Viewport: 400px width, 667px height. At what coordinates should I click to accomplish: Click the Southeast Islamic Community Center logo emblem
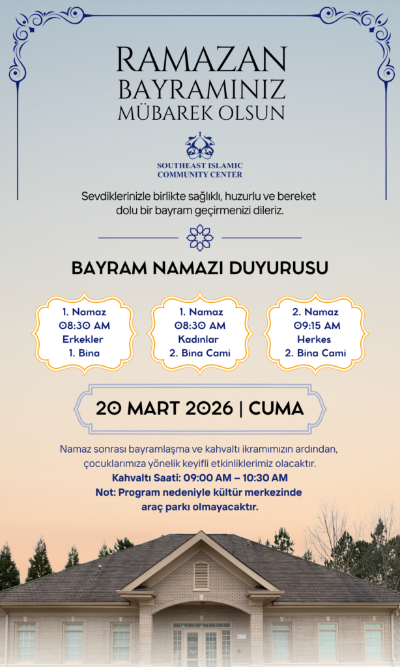(x=199, y=146)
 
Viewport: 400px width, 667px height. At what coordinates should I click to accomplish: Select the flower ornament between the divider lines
(x=200, y=238)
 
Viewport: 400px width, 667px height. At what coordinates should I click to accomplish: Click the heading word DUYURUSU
(x=280, y=268)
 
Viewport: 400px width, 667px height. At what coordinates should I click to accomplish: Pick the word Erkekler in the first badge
(x=83, y=339)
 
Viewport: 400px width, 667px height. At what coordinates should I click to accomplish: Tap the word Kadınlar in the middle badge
(x=200, y=339)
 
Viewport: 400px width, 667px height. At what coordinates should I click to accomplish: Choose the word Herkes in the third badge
(x=315, y=339)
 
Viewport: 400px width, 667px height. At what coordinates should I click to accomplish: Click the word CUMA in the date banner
(x=276, y=409)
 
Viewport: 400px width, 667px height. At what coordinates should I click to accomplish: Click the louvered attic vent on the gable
(x=201, y=575)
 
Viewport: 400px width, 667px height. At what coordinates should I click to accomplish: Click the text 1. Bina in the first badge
(x=83, y=353)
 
